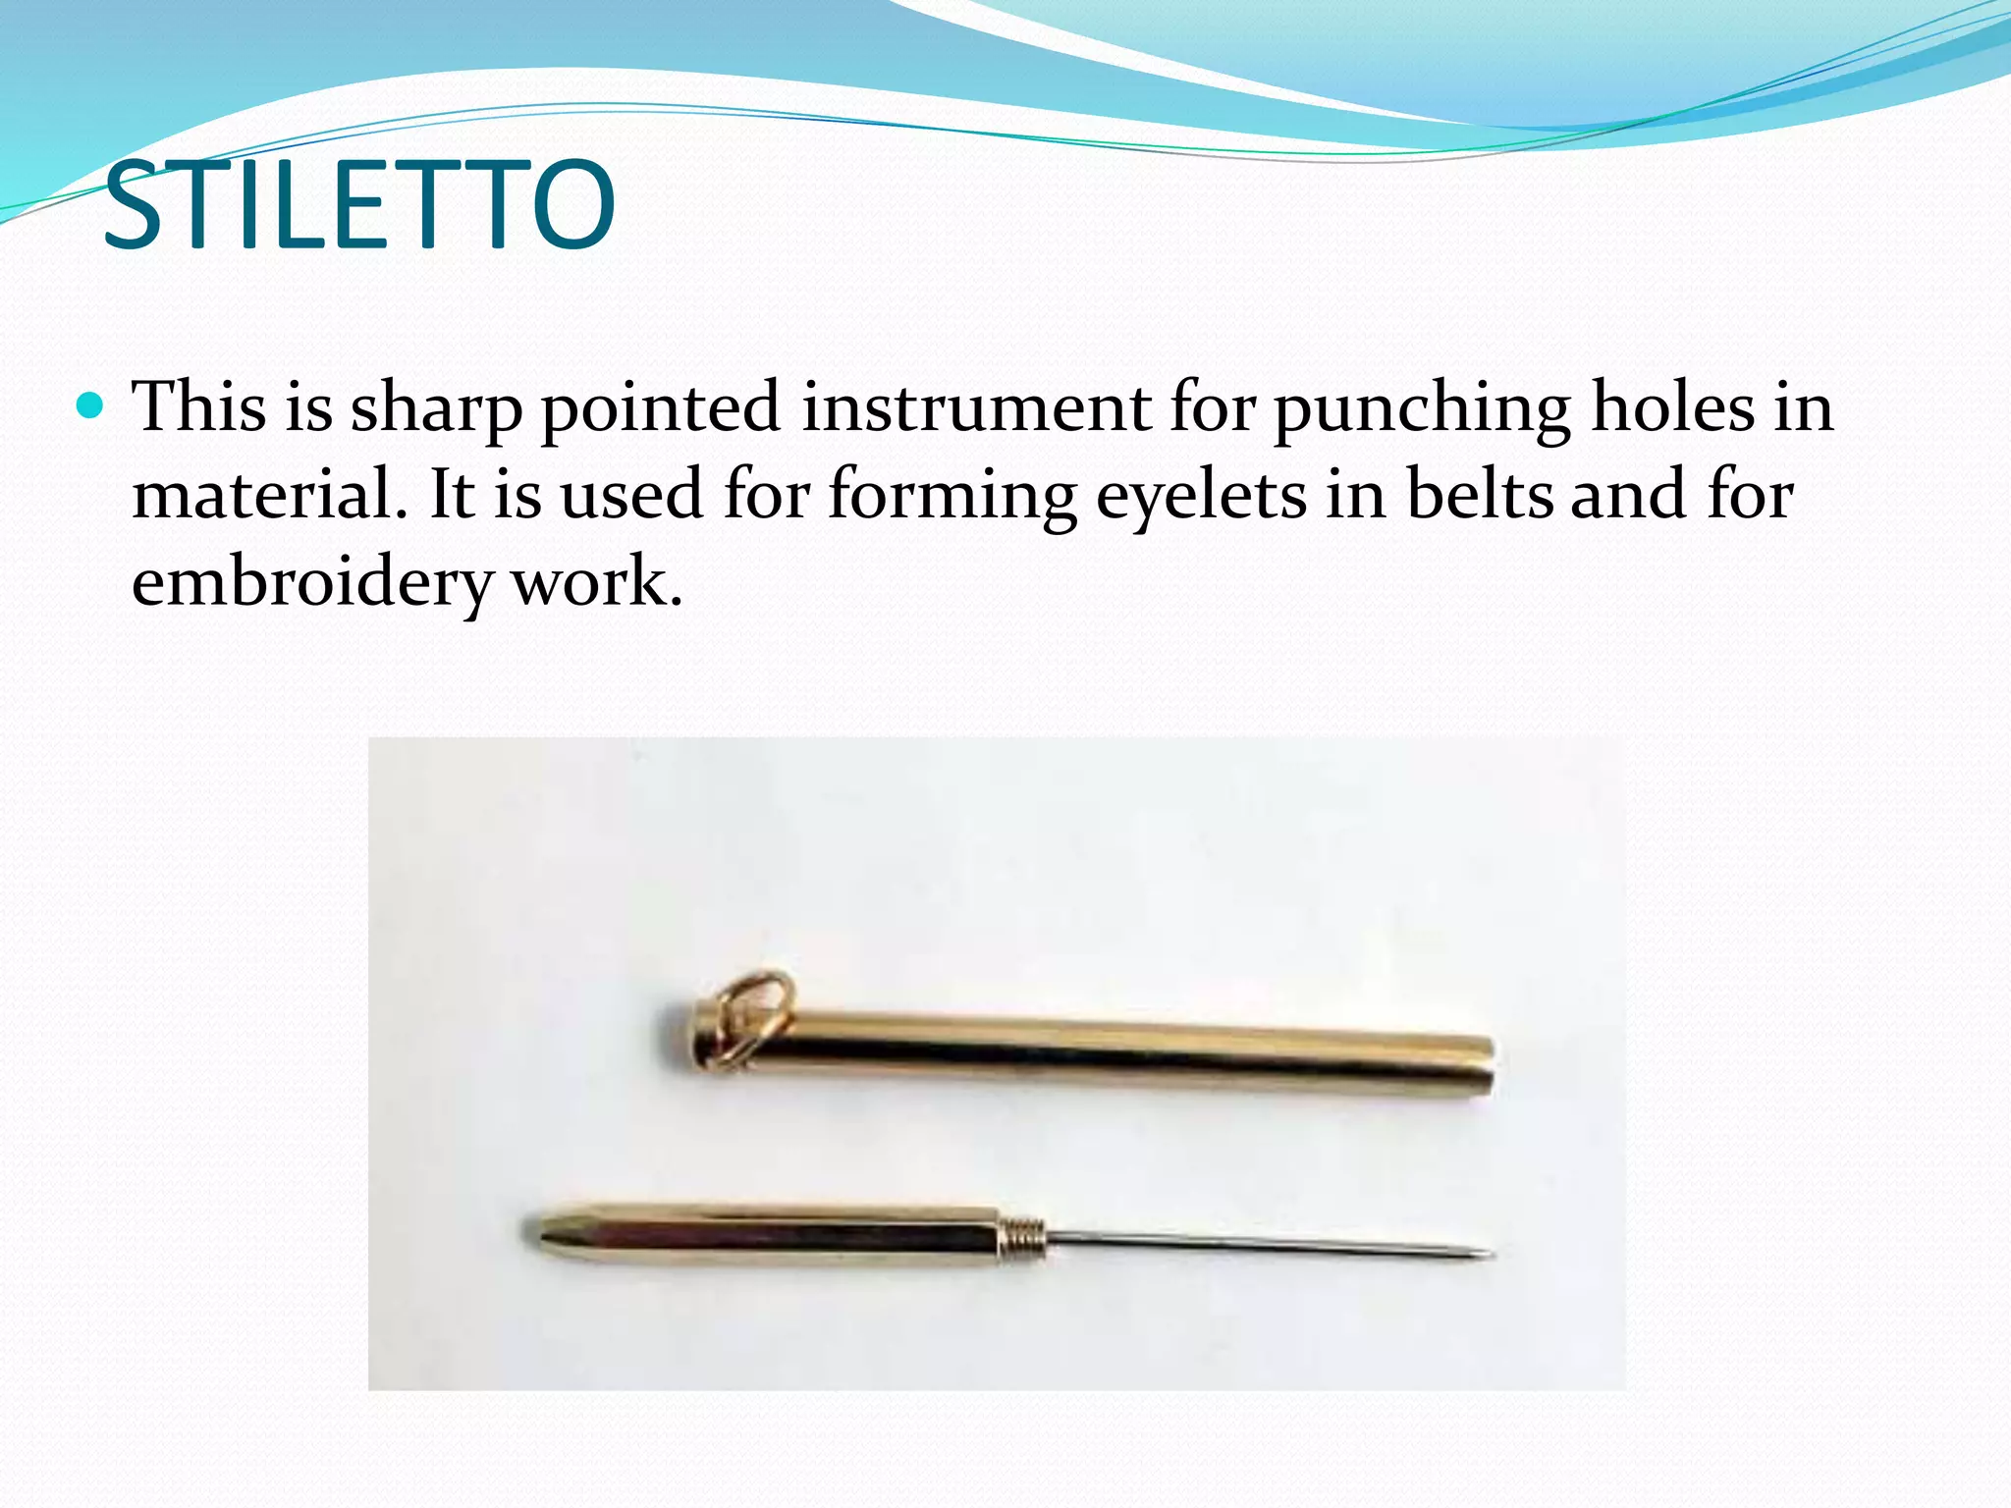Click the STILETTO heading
(358, 206)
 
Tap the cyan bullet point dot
(89, 404)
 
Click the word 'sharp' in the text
(436, 408)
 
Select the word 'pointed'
(660, 408)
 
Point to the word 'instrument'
(976, 406)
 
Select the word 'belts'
(1479, 494)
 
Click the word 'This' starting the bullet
(198, 406)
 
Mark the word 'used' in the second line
(631, 494)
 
